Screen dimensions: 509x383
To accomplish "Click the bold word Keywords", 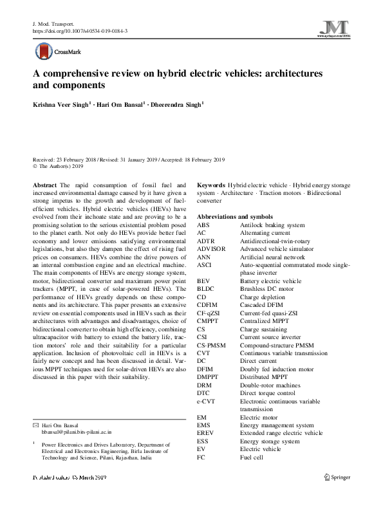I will [x=211, y=185].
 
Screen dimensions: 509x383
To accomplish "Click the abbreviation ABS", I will [x=203, y=225].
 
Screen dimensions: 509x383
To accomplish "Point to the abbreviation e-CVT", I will [x=207, y=402].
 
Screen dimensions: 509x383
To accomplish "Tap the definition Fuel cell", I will [x=252, y=457].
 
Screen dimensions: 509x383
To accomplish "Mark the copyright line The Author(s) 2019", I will [x=62, y=165].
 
